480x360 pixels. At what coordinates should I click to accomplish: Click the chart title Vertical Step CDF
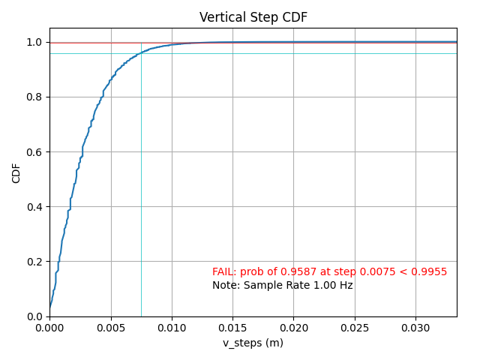(253, 17)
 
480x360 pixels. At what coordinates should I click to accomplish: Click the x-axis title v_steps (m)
(253, 343)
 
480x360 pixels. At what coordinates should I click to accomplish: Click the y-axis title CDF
(16, 172)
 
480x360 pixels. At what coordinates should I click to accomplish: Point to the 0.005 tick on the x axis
(111, 328)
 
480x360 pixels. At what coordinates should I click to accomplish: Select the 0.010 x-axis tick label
(172, 328)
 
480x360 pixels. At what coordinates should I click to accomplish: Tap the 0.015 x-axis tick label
(232, 328)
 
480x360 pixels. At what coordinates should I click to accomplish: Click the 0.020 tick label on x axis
(293, 328)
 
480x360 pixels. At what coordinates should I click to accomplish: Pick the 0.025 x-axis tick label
(355, 328)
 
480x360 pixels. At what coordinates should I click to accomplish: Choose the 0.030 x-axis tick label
(415, 328)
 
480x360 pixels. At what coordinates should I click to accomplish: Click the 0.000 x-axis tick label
(49, 328)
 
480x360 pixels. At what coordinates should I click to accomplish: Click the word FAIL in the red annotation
(223, 272)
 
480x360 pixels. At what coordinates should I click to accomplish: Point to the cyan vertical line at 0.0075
(141, 225)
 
